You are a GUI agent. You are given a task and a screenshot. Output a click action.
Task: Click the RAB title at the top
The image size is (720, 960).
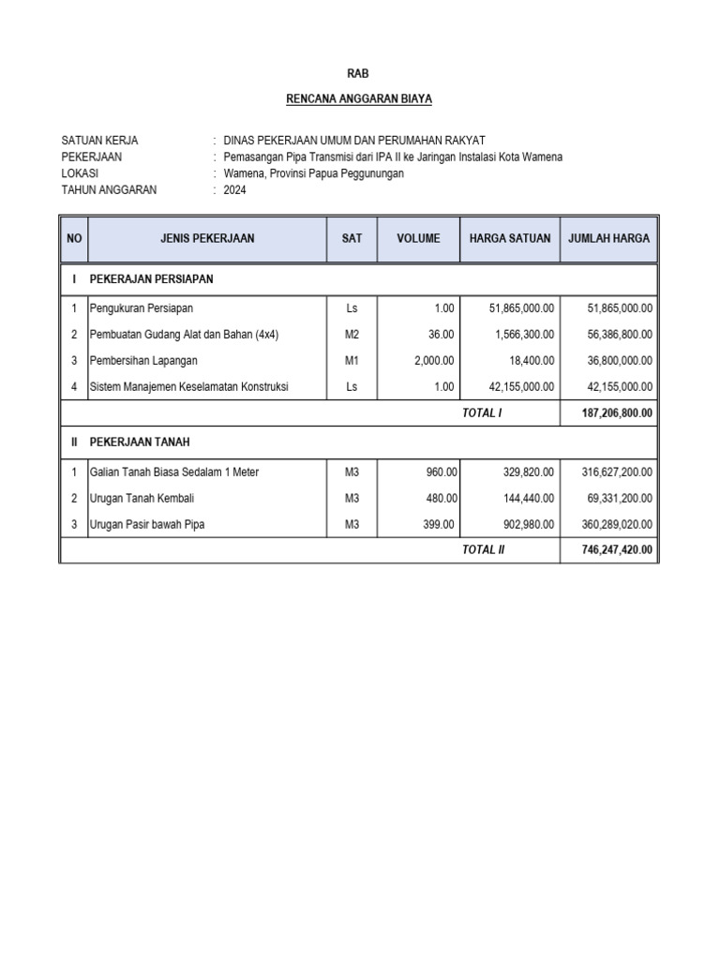tap(359, 72)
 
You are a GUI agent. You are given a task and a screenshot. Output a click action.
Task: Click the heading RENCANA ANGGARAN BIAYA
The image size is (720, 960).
tap(359, 98)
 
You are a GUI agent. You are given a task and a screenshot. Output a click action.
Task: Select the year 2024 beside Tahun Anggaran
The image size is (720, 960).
tap(235, 189)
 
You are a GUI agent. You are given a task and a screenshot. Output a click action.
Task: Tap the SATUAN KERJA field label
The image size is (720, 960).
tap(99, 141)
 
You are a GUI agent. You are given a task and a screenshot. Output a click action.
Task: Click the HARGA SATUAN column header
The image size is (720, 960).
tap(510, 238)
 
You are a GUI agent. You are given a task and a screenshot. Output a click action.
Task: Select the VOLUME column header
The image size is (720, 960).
tap(418, 238)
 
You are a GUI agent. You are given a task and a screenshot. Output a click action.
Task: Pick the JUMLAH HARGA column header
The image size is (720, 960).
tap(608, 238)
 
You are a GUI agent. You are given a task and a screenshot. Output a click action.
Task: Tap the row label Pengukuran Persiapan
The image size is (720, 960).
tap(142, 307)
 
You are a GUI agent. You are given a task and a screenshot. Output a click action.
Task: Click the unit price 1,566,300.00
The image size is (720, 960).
tap(522, 334)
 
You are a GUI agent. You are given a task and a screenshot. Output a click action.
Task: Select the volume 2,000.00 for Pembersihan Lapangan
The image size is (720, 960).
tap(434, 360)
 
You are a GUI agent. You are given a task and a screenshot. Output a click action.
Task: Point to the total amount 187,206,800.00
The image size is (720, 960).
tap(612, 412)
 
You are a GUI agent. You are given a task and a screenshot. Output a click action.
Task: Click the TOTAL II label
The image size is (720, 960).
tap(483, 549)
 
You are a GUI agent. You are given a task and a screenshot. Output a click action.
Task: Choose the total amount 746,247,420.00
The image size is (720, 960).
tap(612, 549)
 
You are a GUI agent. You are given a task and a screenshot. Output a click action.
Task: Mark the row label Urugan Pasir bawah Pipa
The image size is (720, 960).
tap(147, 524)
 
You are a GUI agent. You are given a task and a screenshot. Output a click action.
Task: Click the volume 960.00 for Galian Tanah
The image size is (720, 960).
tap(440, 472)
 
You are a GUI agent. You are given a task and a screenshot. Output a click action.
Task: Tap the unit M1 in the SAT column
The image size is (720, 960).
tap(352, 360)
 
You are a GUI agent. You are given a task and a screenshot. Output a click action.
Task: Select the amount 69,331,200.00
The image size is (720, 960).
tap(615, 498)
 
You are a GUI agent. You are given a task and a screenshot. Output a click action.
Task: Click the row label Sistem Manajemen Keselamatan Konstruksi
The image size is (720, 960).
tap(188, 386)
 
